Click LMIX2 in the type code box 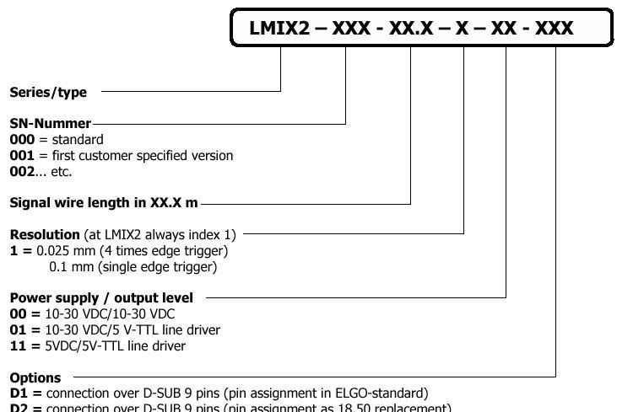pos(279,28)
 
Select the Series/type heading pos(48,93)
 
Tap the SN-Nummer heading pos(50,124)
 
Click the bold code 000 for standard pos(22,140)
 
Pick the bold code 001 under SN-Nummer pos(22,156)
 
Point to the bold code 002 pos(22,172)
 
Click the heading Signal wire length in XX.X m pos(104,203)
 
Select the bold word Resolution pos(45,234)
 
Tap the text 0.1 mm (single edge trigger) pos(133,267)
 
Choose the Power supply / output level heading pos(101,297)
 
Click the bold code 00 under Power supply pos(18,313)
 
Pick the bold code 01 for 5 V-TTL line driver pos(18,329)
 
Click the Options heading pos(35,377)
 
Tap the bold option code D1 pos(18,393)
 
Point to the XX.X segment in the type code pos(410,28)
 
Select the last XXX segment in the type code pos(555,28)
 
